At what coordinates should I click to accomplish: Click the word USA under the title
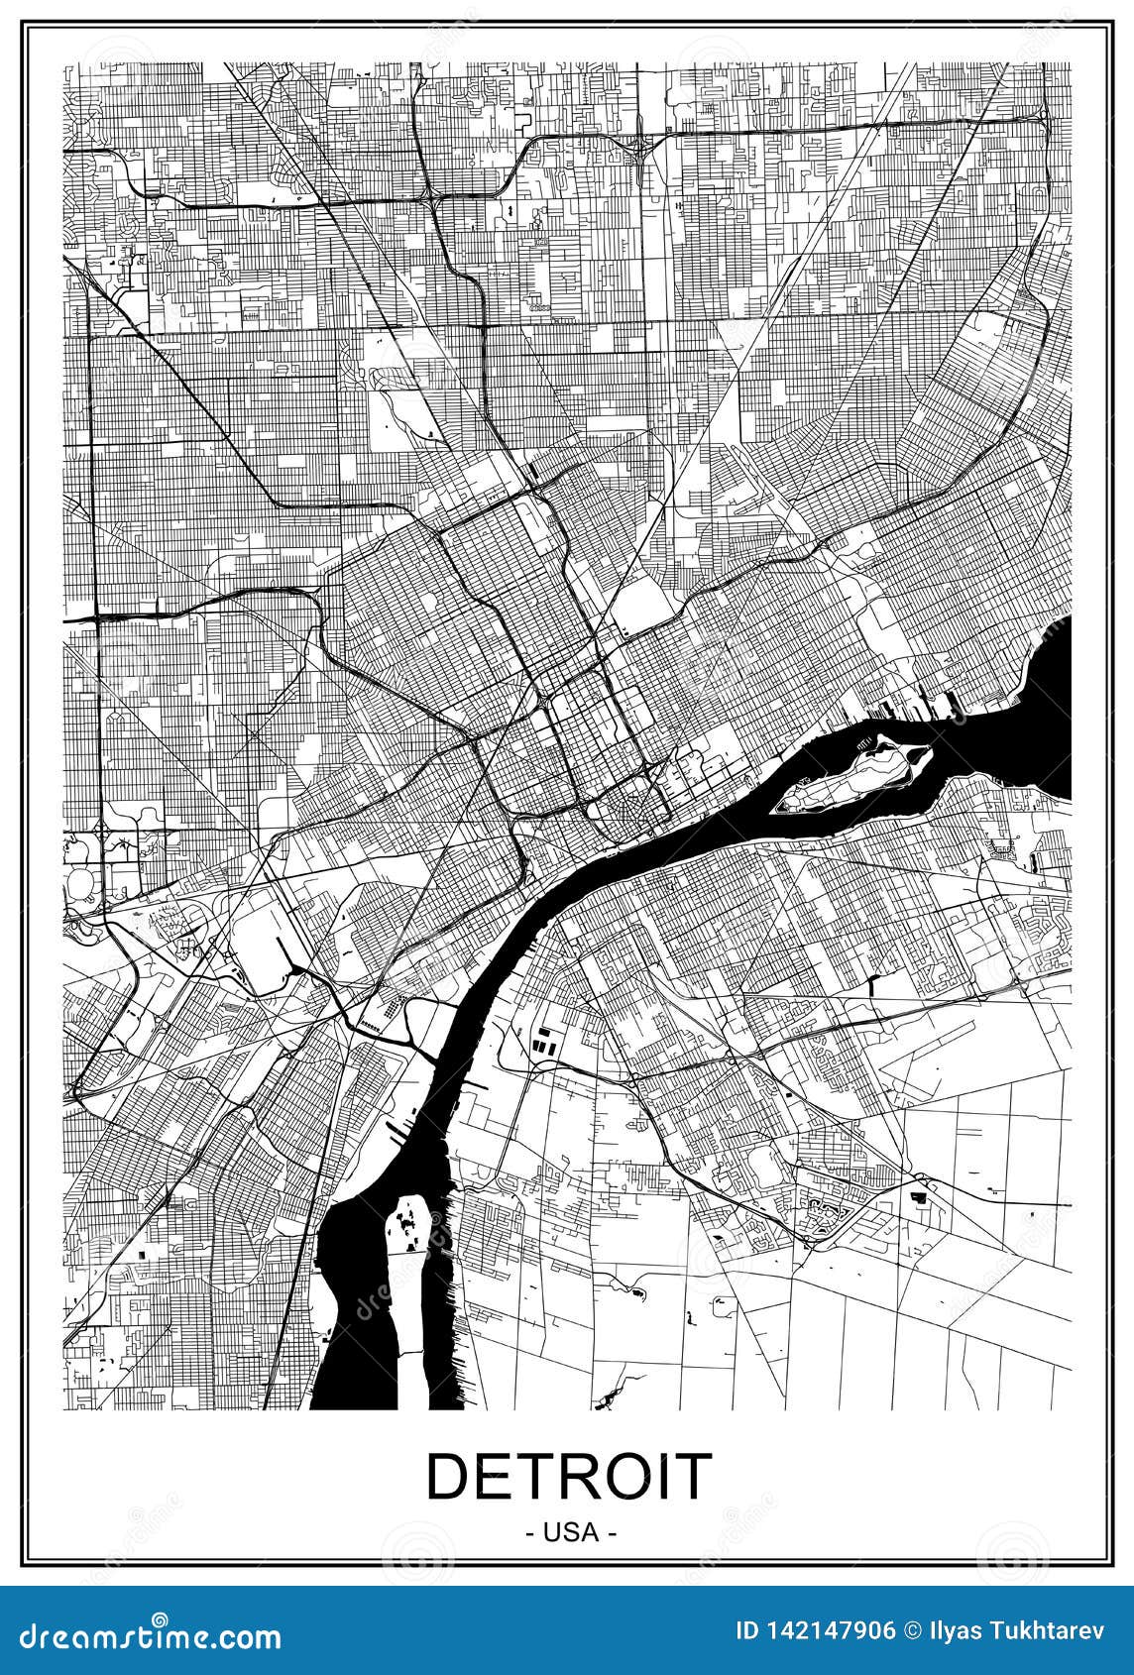[x=571, y=1532]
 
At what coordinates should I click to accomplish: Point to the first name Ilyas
[x=960, y=1630]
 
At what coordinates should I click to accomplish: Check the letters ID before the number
[x=748, y=1630]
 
